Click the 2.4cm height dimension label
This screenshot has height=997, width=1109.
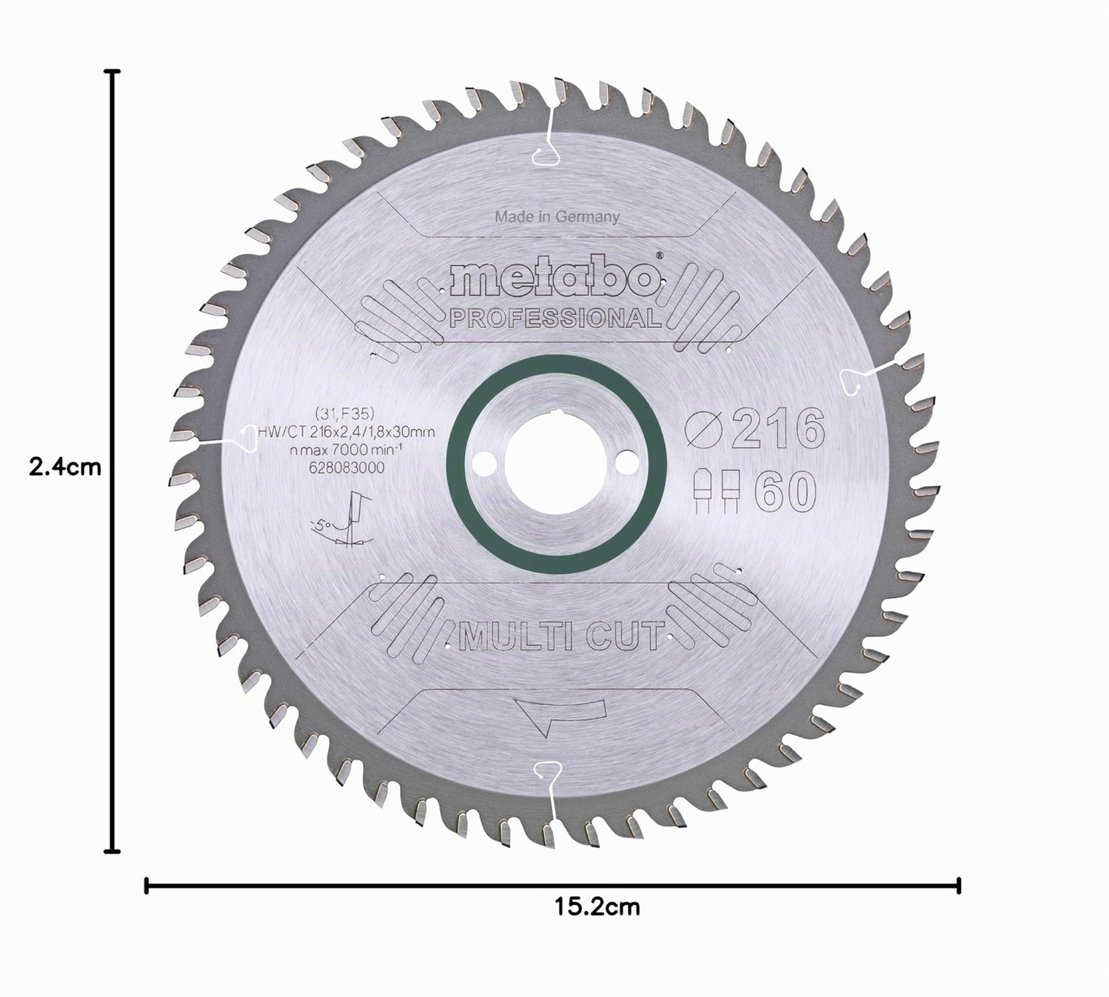(65, 467)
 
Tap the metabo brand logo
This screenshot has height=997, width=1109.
(555, 279)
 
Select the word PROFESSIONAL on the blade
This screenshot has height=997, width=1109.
(555, 318)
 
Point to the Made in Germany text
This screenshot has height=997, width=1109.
(557, 217)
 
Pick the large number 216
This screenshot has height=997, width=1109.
(777, 428)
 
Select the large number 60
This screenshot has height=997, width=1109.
(786, 492)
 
